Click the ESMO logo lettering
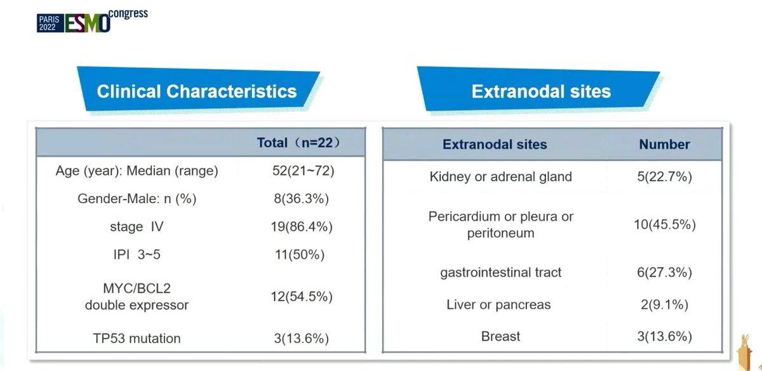click(x=87, y=23)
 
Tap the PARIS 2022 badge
click(x=50, y=23)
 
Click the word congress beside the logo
click(x=128, y=14)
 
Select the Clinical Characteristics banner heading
click(x=197, y=91)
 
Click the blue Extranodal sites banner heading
click(x=541, y=91)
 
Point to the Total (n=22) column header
click(x=298, y=143)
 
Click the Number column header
click(x=664, y=145)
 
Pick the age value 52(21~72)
click(x=303, y=171)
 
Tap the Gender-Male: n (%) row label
click(x=137, y=199)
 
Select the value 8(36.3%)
click(x=302, y=199)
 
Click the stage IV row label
click(x=137, y=226)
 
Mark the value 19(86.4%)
click(x=302, y=226)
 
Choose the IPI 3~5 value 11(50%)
click(x=300, y=254)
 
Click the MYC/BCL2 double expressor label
click(x=137, y=297)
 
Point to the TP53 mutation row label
click(x=137, y=339)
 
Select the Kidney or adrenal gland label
click(x=500, y=177)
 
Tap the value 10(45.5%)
click(x=665, y=225)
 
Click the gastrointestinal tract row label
click(x=500, y=273)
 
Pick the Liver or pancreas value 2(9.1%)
click(x=664, y=305)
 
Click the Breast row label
click(x=500, y=336)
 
